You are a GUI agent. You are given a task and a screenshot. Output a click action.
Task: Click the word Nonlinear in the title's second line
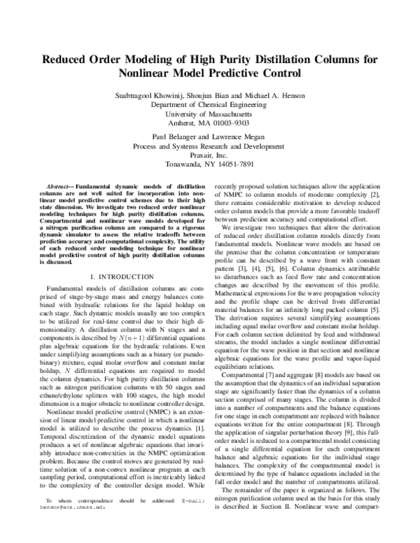click(154, 73)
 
